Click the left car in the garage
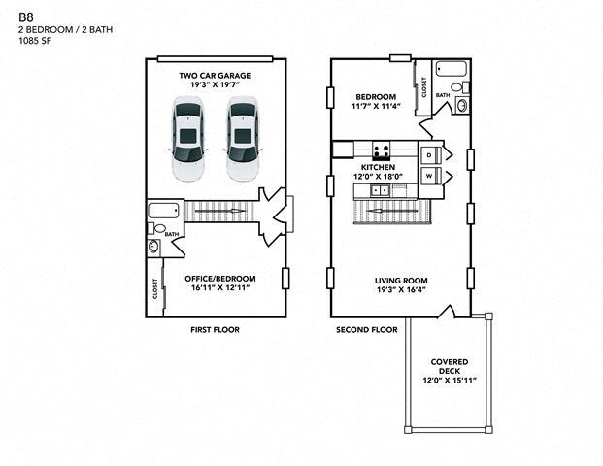(187, 139)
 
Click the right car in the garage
(243, 139)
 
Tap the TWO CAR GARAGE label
(215, 76)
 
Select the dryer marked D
(429, 155)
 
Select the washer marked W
(429, 176)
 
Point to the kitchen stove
(381, 150)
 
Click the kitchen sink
(381, 190)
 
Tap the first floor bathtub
(164, 211)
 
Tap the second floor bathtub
(452, 70)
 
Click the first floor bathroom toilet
(157, 229)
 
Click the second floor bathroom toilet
(460, 87)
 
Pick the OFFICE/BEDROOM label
(220, 279)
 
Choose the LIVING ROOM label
(401, 281)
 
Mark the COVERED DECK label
(450, 366)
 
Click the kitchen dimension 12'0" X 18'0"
(378, 177)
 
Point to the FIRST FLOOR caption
(215, 329)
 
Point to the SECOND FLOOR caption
(367, 329)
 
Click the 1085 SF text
(35, 41)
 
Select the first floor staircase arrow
(220, 211)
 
